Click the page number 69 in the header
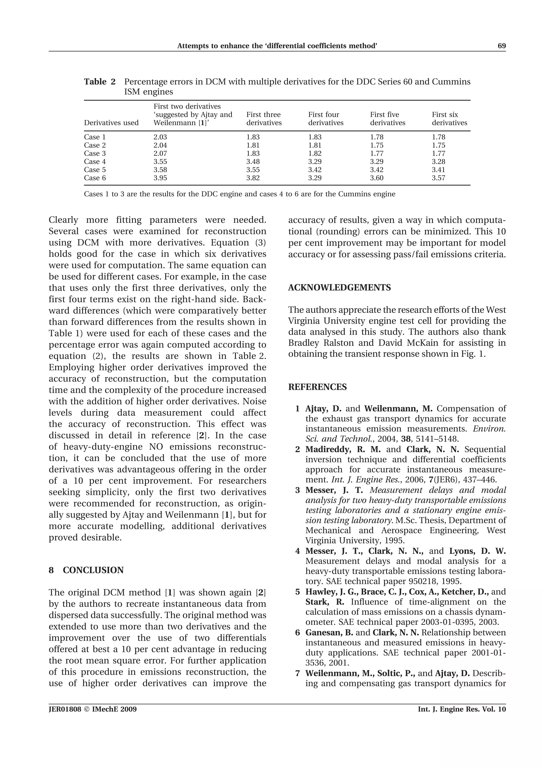[x=502, y=46]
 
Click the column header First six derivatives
[x=449, y=119]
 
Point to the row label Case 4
[x=95, y=162]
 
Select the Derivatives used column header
[x=111, y=123]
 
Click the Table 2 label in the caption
[x=100, y=82]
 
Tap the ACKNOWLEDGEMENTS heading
[x=339, y=288]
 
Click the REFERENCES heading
[x=317, y=387]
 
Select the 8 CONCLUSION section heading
[x=86, y=570]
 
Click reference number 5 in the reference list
[x=297, y=592]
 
